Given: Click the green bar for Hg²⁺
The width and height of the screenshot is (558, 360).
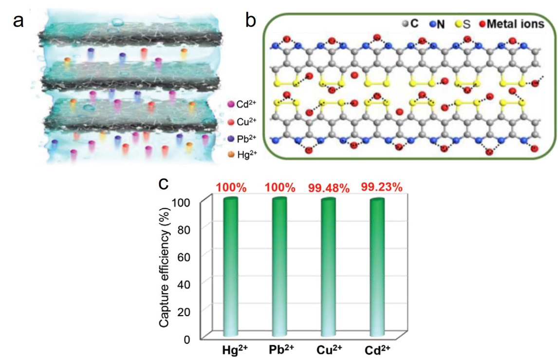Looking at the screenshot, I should (x=230, y=268).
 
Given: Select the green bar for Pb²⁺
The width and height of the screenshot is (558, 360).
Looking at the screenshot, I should (x=279, y=268).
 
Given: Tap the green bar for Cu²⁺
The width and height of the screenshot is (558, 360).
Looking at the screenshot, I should (x=328, y=268).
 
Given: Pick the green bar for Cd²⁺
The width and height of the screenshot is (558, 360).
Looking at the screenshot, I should (x=377, y=268).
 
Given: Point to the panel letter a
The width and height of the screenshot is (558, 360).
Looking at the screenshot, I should (x=19, y=21).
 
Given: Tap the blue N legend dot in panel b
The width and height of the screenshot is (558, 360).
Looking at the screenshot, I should (x=432, y=24).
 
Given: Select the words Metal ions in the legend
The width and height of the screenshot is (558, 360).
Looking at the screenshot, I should (x=517, y=24).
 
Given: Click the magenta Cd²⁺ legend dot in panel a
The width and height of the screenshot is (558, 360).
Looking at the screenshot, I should (x=231, y=104).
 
